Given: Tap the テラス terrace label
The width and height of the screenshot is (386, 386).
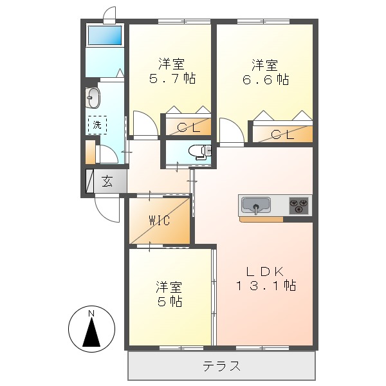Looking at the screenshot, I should point(222,367).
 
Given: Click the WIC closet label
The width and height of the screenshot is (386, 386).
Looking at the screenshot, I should point(159,221).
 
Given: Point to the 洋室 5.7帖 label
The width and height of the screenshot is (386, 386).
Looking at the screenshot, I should point(172,71).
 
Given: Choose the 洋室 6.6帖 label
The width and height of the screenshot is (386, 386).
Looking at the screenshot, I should point(264,72).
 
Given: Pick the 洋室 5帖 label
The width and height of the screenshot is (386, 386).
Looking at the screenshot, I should point(170,293).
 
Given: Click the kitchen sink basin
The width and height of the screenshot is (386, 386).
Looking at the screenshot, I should point(256,207).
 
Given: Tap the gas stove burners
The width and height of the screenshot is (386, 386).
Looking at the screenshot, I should point(299,206).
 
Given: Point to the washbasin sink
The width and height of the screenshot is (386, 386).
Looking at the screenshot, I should point(92,98).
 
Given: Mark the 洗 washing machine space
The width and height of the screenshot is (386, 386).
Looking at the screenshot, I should point(97,124).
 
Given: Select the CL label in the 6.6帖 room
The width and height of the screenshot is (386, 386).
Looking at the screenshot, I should point(282,134).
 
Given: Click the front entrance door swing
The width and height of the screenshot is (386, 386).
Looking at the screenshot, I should point(107,207).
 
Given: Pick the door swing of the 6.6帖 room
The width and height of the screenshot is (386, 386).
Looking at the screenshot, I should point(231,132).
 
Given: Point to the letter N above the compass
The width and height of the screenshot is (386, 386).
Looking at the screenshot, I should point(91,313).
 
